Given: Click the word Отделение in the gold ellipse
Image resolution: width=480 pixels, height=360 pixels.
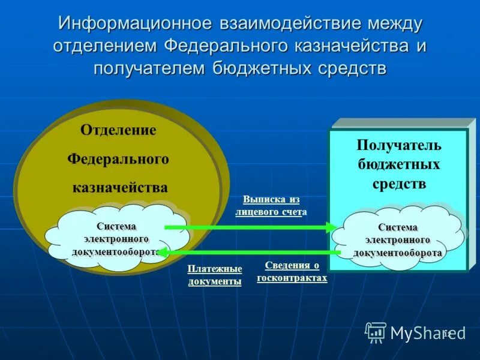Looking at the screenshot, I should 118,131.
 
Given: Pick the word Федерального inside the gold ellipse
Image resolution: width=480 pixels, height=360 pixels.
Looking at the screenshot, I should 118,160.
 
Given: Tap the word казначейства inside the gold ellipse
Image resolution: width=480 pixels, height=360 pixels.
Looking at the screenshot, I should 120,188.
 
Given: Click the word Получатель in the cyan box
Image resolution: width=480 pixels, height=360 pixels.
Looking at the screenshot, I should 399,145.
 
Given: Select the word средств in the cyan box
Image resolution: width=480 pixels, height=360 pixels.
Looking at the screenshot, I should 399,184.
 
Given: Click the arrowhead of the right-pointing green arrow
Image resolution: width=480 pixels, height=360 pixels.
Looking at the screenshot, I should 331,227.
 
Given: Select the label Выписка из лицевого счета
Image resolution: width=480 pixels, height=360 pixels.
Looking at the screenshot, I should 271,206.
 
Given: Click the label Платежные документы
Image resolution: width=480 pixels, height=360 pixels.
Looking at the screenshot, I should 214,275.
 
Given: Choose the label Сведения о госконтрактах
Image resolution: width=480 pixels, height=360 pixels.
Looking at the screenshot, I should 292,272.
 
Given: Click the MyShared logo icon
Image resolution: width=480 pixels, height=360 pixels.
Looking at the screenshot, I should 376,332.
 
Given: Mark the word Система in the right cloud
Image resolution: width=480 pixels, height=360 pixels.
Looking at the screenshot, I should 398,227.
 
